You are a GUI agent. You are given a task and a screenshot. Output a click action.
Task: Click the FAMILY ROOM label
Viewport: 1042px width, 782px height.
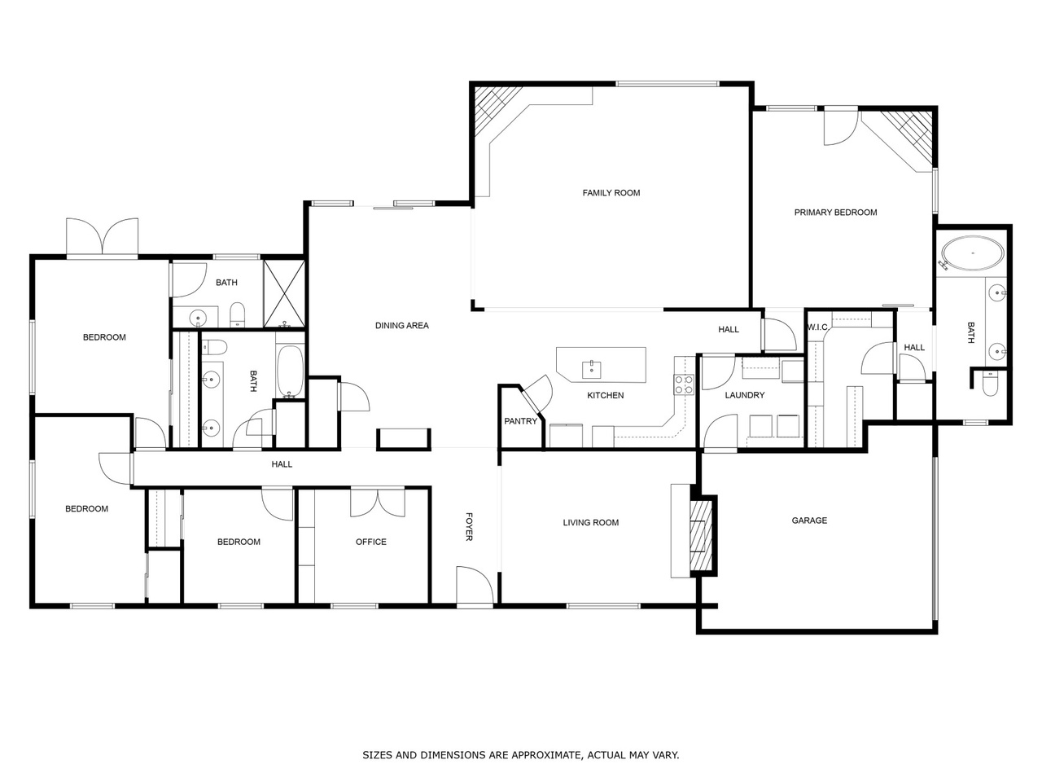611,193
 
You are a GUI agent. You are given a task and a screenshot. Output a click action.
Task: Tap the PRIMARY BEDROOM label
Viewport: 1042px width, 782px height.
835,213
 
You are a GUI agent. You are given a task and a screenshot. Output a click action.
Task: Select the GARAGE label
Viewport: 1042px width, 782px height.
809,521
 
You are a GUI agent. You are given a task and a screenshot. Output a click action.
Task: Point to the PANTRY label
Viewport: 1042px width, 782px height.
520,421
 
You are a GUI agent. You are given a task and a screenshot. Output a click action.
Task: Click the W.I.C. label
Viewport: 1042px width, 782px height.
817,327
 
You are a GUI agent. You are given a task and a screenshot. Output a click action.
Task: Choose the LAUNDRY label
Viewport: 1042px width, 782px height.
744,395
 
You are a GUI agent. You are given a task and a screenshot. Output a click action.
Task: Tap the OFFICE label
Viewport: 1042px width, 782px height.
371,542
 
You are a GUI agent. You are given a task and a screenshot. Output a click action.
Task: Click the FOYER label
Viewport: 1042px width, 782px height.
469,526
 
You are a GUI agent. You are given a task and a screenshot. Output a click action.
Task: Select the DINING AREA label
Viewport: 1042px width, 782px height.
401,326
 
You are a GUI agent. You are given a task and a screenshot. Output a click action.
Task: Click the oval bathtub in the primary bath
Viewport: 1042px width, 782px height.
972,254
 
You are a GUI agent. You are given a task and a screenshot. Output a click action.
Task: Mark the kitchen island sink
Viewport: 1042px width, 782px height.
592,369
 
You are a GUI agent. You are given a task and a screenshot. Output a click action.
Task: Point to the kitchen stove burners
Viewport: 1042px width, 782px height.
683,384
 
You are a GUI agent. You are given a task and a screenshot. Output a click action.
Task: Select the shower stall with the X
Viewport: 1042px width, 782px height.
284,293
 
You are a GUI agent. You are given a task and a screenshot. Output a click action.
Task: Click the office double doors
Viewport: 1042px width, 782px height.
377,502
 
